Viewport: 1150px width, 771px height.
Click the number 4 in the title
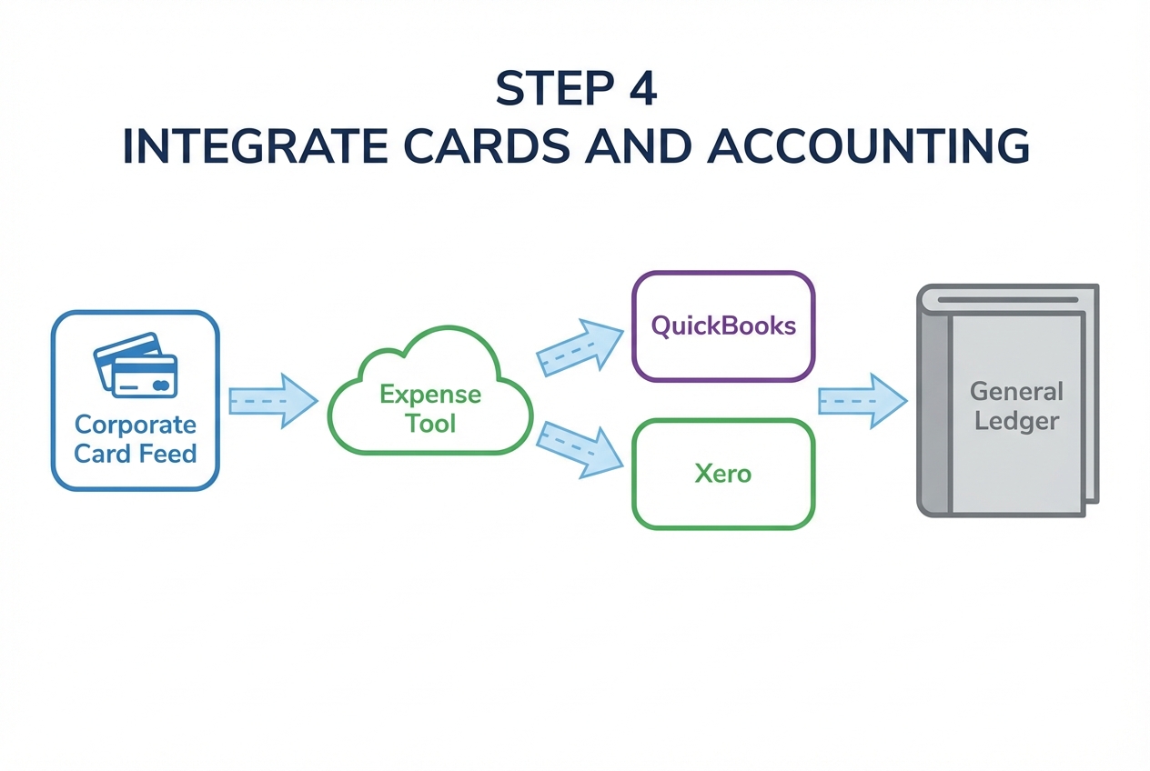(642, 89)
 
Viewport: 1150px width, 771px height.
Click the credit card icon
(136, 365)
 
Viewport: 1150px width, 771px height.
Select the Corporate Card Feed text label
(136, 438)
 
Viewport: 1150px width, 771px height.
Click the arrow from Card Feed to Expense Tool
(272, 400)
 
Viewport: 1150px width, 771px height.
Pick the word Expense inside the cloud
(430, 395)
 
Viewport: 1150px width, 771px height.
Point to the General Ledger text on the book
(1016, 406)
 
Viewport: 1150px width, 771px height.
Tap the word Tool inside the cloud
(430, 424)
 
